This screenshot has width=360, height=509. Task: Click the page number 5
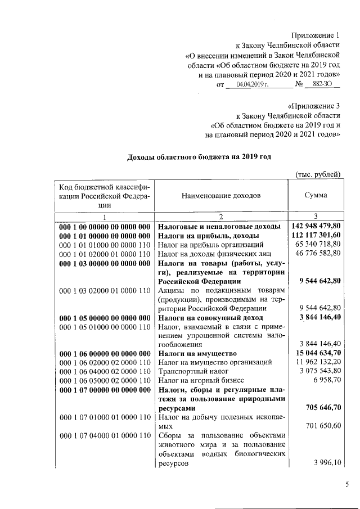347,484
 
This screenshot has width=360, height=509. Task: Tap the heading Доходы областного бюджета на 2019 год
199,156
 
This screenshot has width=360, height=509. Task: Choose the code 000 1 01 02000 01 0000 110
105,254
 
